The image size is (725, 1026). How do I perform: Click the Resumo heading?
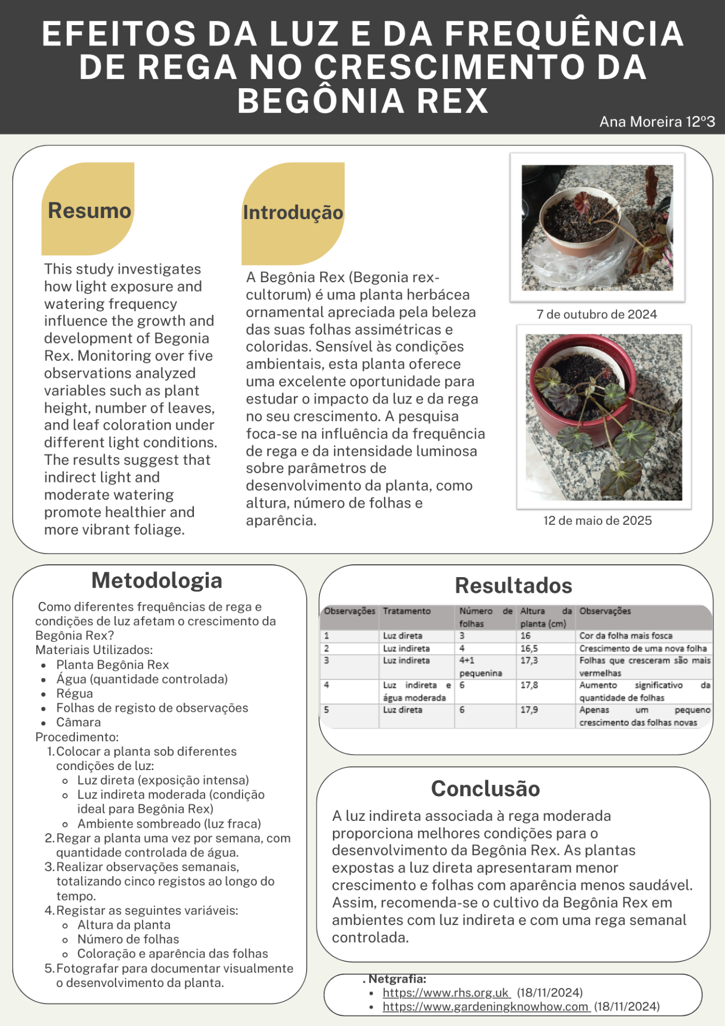click(x=89, y=211)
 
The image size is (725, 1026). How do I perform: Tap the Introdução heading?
click(x=293, y=213)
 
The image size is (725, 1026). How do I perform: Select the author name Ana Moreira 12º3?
click(x=657, y=122)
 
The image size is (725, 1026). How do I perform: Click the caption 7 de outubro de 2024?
click(x=596, y=314)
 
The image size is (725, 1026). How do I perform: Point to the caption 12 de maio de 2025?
click(x=597, y=520)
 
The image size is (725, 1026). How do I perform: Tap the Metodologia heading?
click(x=157, y=580)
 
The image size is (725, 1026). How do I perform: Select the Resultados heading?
click(x=513, y=586)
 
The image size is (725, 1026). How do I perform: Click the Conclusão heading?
click(x=485, y=789)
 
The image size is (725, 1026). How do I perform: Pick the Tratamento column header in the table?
click(x=407, y=611)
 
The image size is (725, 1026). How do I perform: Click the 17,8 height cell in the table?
click(x=529, y=685)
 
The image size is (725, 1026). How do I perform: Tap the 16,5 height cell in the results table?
click(x=529, y=648)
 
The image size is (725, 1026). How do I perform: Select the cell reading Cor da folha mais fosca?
click(x=626, y=636)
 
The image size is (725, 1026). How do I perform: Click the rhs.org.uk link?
click(x=446, y=993)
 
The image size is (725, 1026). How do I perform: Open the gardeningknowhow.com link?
click(x=485, y=1007)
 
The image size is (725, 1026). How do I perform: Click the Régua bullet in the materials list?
click(x=75, y=694)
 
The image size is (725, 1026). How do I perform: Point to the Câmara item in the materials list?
click(x=79, y=722)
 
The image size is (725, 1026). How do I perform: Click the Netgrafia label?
click(x=397, y=979)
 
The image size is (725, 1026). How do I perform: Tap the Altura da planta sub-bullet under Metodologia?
click(x=124, y=925)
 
